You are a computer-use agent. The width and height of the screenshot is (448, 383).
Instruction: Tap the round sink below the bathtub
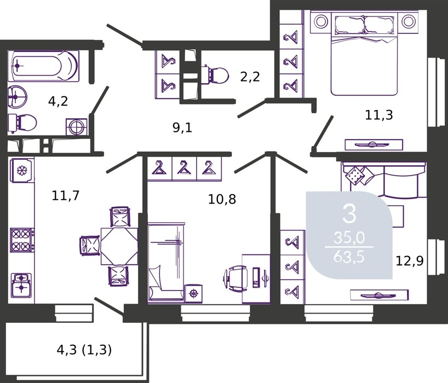[17, 96]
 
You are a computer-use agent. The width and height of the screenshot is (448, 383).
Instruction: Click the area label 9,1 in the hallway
[182, 127]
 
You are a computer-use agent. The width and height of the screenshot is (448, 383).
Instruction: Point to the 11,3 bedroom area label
[379, 115]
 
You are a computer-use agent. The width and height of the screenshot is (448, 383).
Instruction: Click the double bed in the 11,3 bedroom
[364, 54]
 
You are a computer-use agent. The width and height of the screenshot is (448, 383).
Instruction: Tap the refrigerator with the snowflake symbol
[22, 170]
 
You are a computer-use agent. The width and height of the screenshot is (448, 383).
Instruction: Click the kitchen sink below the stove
[21, 285]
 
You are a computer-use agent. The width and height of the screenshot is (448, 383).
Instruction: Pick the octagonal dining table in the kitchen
[119, 246]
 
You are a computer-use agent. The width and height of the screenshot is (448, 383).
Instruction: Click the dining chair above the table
[120, 217]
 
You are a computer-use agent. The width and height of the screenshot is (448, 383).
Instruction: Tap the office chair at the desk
[235, 278]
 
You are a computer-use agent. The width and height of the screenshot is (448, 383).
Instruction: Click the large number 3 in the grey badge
[349, 214]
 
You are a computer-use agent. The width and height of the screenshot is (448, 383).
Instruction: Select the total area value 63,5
[349, 257]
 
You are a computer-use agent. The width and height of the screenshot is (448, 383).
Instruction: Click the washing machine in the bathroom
[77, 126]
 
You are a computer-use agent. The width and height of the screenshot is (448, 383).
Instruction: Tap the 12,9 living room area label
[409, 260]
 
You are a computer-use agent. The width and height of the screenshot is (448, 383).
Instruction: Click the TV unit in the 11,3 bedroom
[374, 144]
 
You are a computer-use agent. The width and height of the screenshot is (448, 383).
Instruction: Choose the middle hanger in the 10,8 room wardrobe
[184, 168]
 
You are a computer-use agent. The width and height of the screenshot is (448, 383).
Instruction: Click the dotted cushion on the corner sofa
[354, 174]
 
